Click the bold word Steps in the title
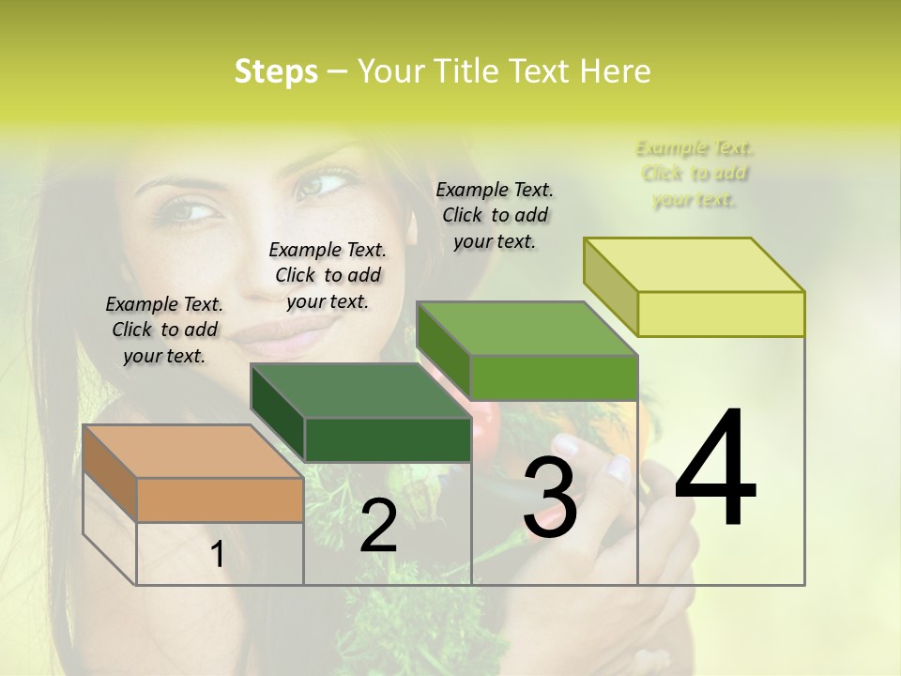point(276,71)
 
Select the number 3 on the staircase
point(549,498)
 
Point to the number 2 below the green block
point(378,526)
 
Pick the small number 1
point(218,555)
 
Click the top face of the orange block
point(192,452)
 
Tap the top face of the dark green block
point(360,391)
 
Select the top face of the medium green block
point(527,329)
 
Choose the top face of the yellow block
point(694,265)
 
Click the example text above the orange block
point(164,330)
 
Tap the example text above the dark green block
point(328,275)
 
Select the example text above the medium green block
point(495,215)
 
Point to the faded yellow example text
point(695,174)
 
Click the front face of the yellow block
point(721,314)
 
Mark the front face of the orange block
point(220,499)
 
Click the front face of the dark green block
point(388,439)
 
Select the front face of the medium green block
point(554,377)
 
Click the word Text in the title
point(543,71)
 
